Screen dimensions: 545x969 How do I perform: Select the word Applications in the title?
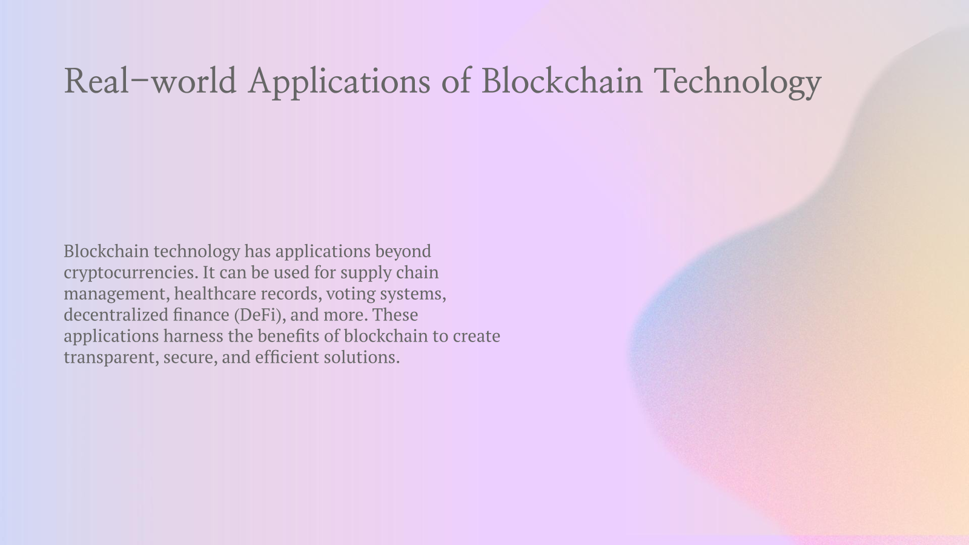click(339, 81)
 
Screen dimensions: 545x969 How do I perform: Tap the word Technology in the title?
click(738, 81)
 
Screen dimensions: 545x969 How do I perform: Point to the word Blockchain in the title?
click(561, 81)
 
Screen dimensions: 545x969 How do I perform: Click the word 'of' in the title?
click(455, 81)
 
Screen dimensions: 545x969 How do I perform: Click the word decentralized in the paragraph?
click(116, 315)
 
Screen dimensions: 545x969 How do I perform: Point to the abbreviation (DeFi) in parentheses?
click(259, 315)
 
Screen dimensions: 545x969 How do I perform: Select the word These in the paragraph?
click(395, 315)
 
